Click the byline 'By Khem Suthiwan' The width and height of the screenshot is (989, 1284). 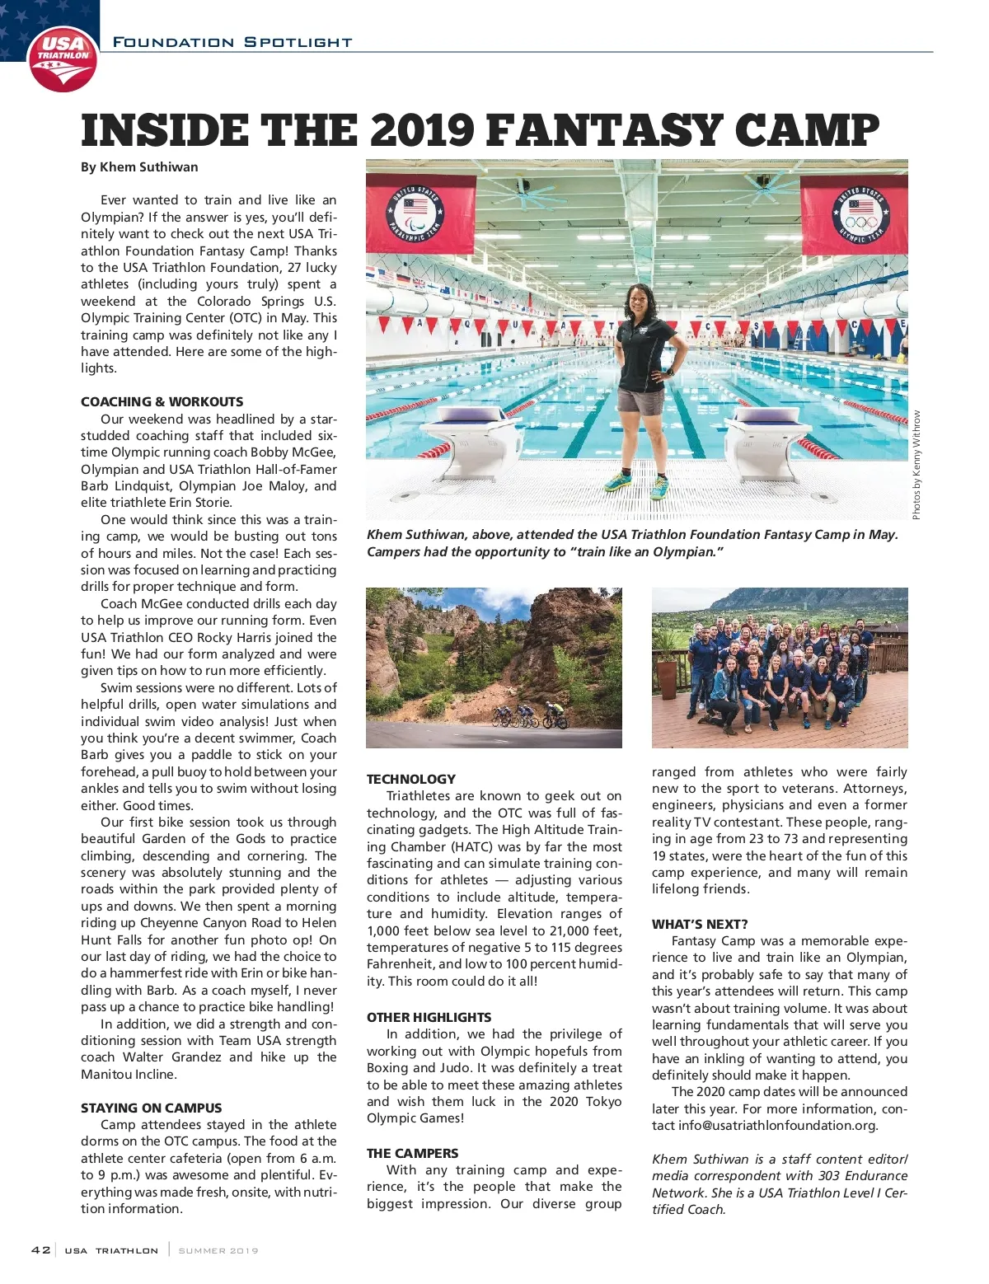(x=139, y=167)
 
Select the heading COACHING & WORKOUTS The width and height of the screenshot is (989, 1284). (x=162, y=402)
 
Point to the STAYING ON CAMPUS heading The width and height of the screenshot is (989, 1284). (x=151, y=1108)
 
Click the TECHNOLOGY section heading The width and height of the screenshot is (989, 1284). (x=410, y=780)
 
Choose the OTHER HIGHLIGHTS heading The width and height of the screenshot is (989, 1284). (x=429, y=1018)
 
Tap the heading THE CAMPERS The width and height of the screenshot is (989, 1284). (x=412, y=1154)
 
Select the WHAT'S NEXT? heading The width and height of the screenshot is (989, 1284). (x=700, y=925)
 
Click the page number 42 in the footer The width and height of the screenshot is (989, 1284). (x=40, y=1250)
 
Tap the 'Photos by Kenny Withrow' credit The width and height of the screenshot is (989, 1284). (x=916, y=465)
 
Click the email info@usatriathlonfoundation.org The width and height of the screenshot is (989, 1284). (x=777, y=1126)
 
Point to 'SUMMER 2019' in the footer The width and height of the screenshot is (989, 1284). (x=218, y=1251)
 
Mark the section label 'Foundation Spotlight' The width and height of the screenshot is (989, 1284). (x=232, y=42)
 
